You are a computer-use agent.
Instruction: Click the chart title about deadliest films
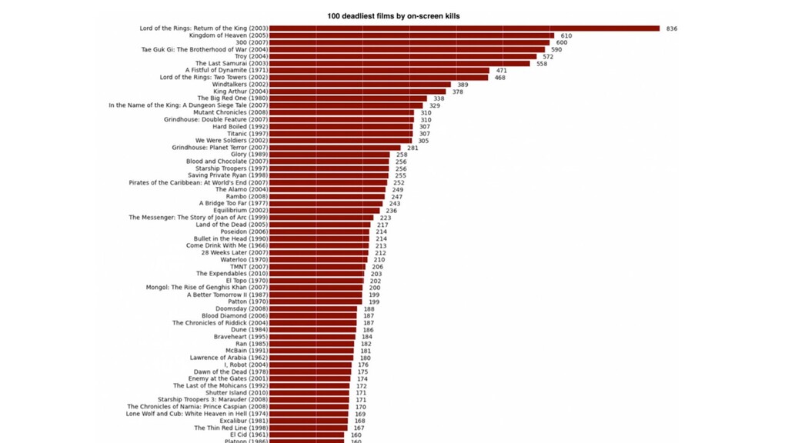[393, 16]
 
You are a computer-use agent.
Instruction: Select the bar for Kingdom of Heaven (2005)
[412, 35]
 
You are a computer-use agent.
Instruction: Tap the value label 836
[672, 28]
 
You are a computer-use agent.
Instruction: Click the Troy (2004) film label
[252, 56]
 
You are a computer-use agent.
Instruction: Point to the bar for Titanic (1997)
[341, 134]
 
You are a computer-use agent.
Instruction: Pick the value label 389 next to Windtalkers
[462, 85]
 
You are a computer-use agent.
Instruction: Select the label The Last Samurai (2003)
[232, 63]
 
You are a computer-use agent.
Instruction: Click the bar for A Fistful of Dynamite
[379, 71]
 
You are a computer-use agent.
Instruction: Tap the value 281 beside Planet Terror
[412, 148]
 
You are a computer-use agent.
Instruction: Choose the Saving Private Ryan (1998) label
[228, 175]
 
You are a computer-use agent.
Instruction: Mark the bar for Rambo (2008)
[326, 197]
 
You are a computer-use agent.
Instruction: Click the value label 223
[386, 218]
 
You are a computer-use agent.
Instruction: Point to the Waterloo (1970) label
[244, 260]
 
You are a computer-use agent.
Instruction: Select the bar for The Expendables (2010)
[316, 274]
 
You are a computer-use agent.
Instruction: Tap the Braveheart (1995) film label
[241, 337]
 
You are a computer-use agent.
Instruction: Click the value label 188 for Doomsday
[369, 309]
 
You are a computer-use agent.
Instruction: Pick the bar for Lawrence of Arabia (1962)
[311, 358]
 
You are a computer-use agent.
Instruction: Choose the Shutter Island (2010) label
[237, 393]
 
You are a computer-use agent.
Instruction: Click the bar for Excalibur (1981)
[309, 421]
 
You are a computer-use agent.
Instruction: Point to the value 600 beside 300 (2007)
[561, 43]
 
